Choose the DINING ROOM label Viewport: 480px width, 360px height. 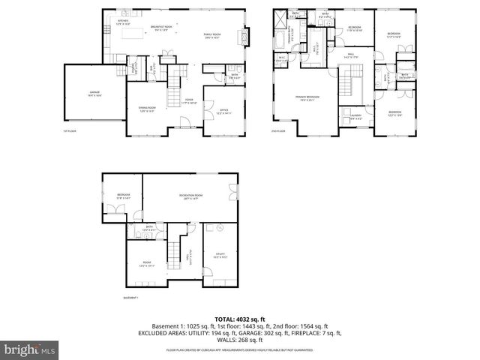(147, 109)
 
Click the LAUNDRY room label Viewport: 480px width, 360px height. (355, 115)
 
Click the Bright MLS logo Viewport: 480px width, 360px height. (28, 349)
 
